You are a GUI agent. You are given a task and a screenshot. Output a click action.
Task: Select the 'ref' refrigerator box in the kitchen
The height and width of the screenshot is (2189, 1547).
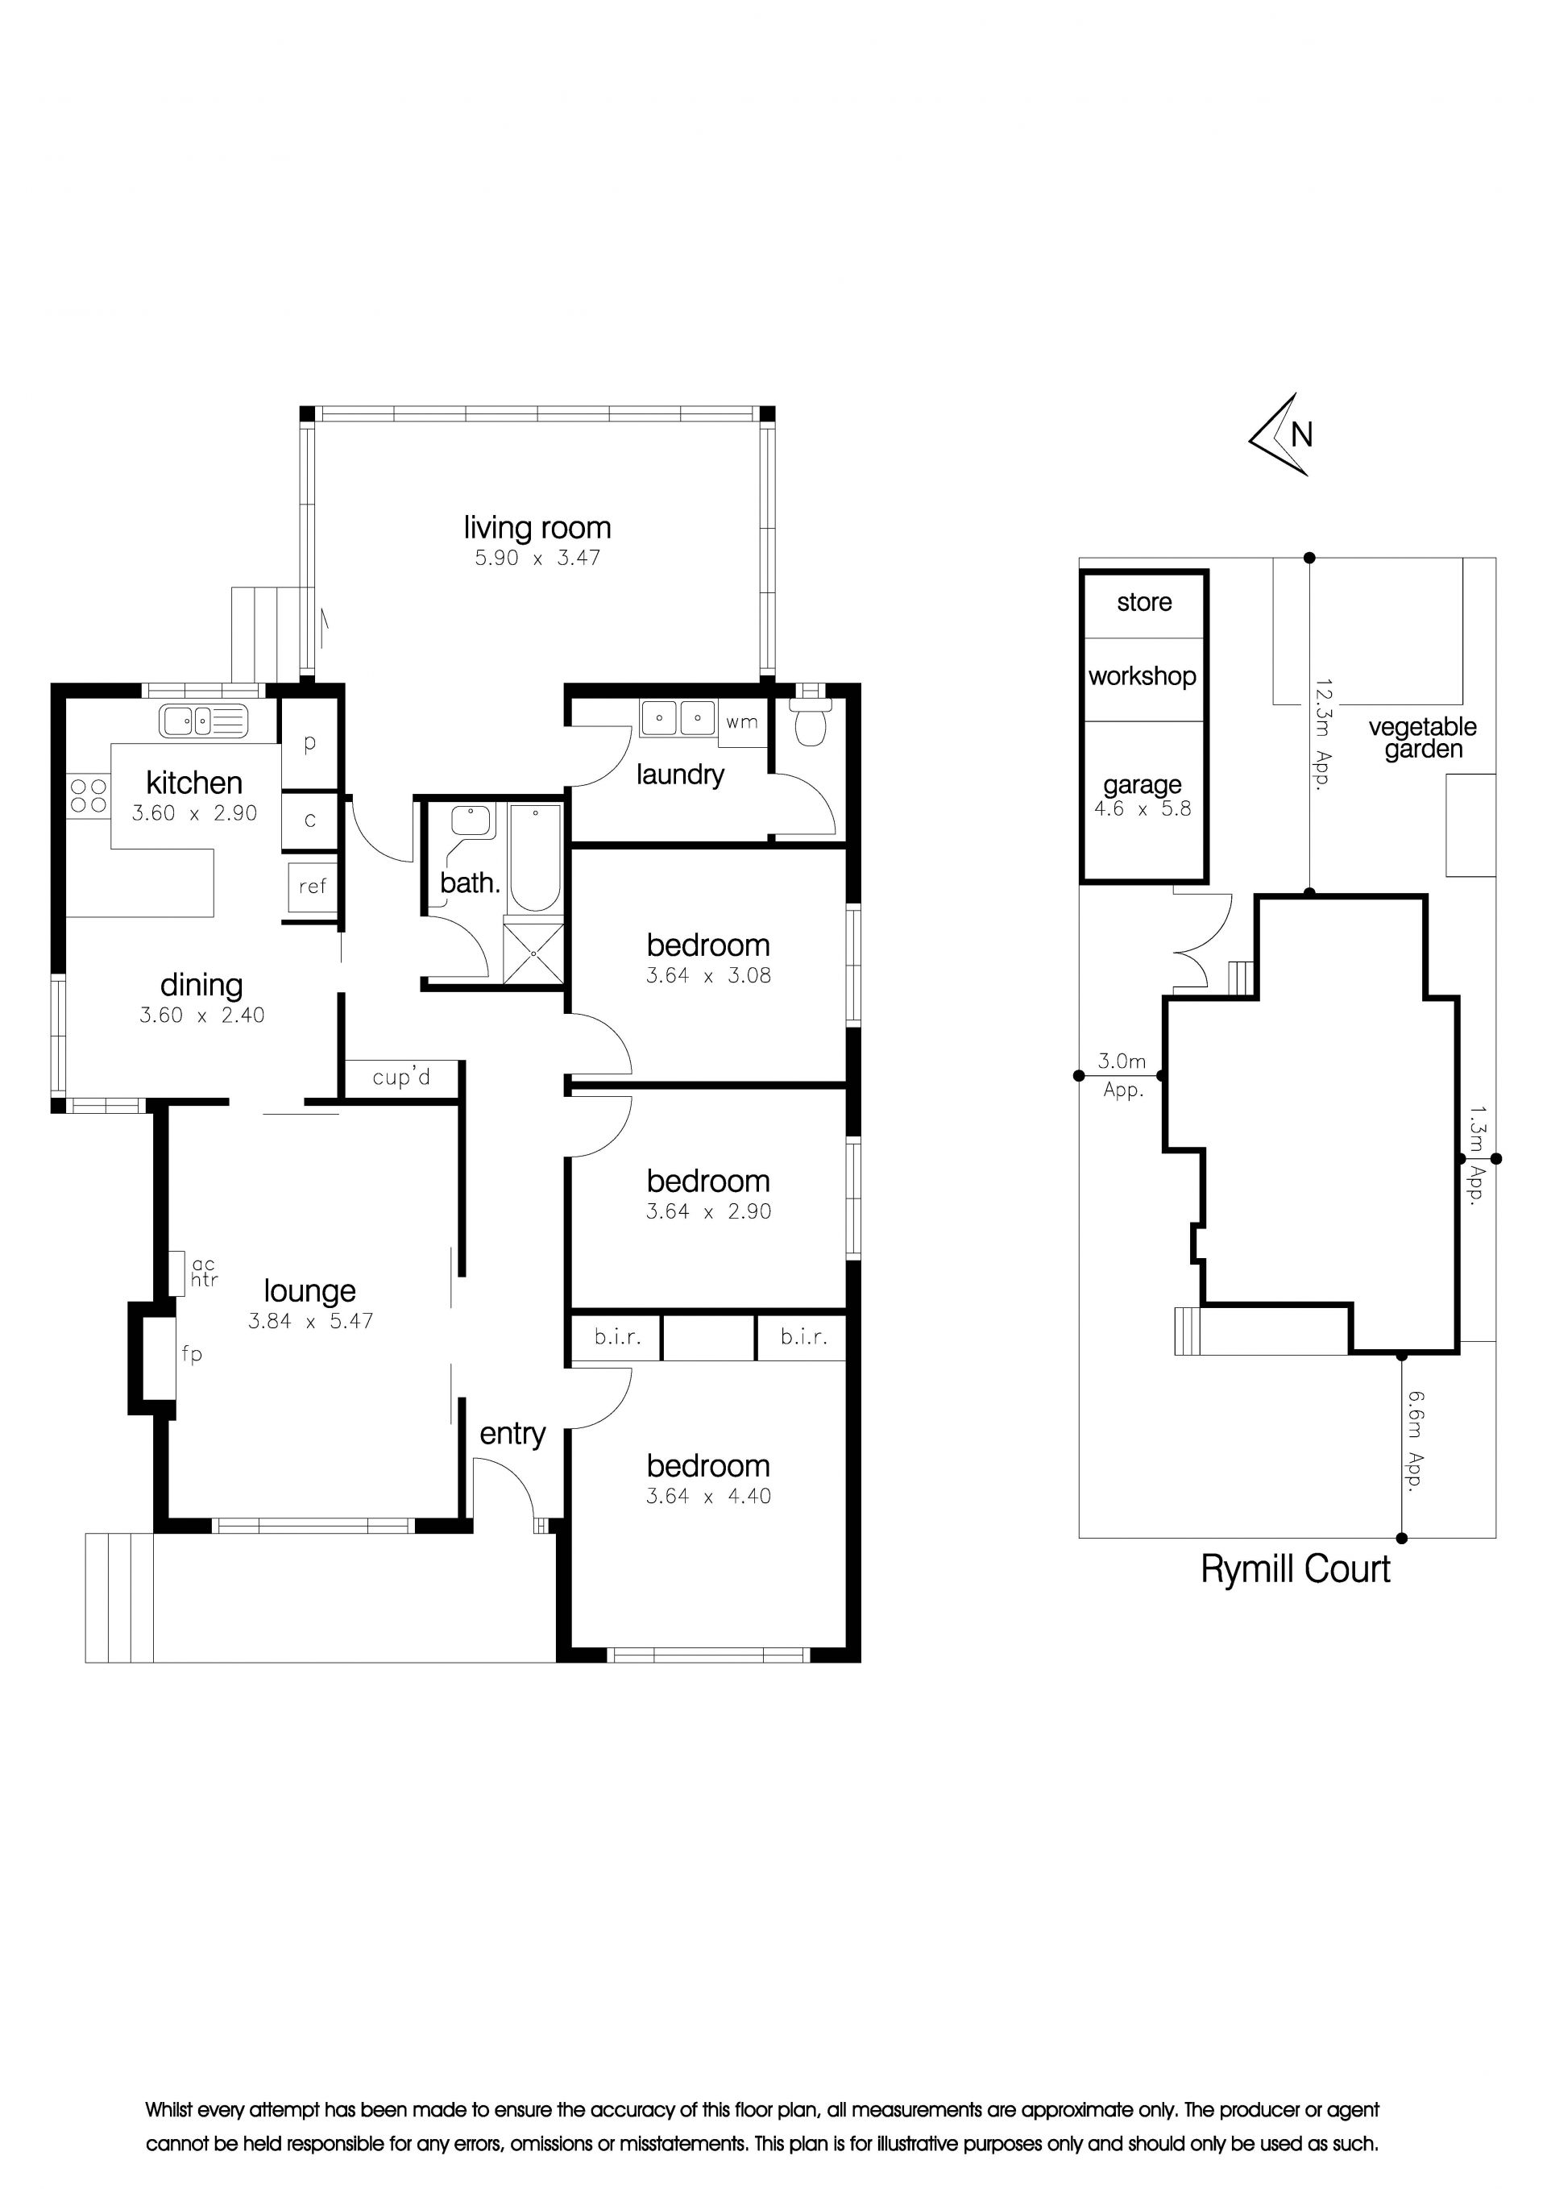tap(313, 887)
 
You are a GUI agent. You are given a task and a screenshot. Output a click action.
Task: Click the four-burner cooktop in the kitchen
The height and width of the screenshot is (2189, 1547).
tap(89, 796)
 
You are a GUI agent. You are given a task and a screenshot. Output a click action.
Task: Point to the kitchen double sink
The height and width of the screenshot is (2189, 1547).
tap(203, 721)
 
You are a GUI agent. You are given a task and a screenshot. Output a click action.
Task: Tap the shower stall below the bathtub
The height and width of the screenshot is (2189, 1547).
tap(533, 953)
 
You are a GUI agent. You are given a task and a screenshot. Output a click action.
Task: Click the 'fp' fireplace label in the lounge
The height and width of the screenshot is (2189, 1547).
tap(192, 1354)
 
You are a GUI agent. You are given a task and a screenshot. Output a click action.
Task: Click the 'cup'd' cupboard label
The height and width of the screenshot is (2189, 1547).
tap(401, 1078)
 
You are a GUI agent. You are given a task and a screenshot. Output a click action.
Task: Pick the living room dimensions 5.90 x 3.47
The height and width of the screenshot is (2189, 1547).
tap(537, 558)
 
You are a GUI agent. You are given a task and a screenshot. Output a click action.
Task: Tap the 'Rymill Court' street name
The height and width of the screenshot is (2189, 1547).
tap(1296, 1568)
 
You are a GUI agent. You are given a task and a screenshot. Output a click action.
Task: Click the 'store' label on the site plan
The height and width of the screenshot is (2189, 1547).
tap(1144, 603)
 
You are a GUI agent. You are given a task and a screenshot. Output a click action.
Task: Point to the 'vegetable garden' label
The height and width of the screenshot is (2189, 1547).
tap(1422, 738)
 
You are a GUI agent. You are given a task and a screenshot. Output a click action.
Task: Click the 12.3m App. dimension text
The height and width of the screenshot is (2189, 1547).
tap(1322, 734)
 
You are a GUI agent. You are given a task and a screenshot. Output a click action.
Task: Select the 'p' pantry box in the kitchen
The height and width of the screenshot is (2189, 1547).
tap(309, 743)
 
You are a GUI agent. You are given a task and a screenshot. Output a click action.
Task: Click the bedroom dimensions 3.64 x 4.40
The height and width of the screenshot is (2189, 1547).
tap(708, 1496)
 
